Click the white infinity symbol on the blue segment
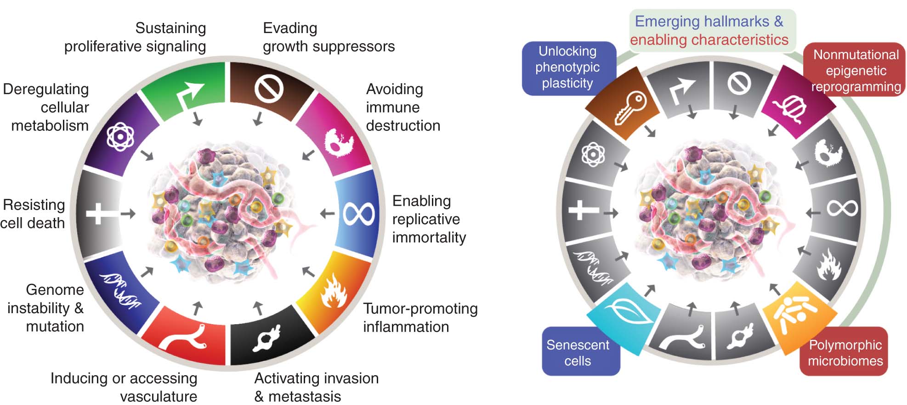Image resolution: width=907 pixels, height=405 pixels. pos(359,214)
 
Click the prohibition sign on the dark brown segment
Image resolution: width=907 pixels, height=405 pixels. pos(269,88)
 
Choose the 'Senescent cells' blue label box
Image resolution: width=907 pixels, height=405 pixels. pos(578,352)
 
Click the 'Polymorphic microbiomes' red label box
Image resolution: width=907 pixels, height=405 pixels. pos(845,352)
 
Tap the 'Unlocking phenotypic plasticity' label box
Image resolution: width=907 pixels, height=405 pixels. pos(567,67)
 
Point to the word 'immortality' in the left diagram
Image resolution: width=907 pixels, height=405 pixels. pos(429,237)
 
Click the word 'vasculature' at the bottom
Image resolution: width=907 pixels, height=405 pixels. pos(159,396)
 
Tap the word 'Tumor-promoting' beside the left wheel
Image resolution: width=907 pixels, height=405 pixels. pos(420,309)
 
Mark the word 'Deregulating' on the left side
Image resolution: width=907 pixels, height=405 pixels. pos(46,89)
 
